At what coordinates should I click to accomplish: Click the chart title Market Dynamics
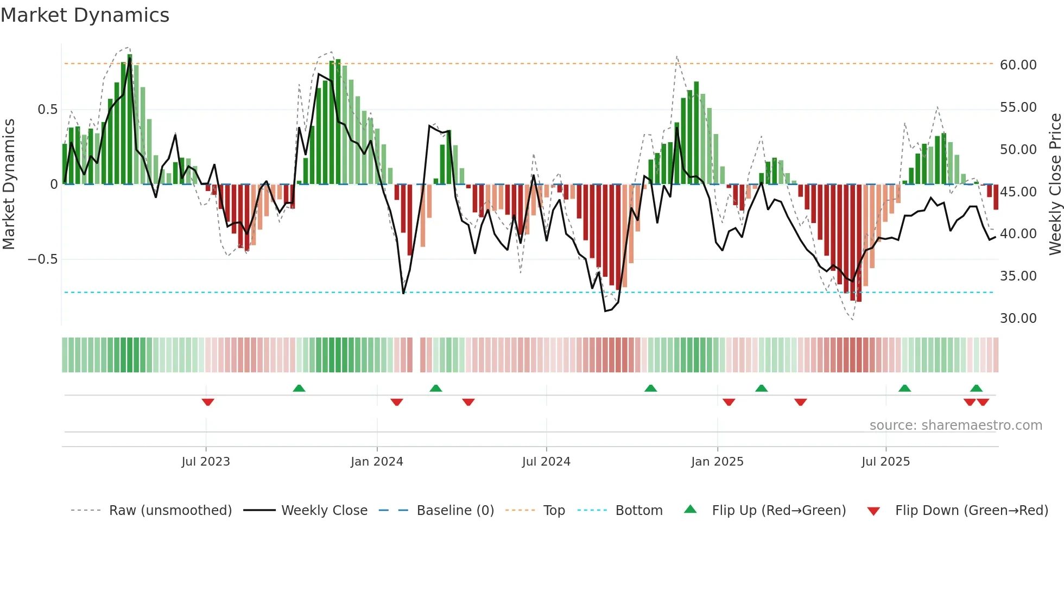pyautogui.click(x=85, y=15)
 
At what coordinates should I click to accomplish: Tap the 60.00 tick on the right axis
pyautogui.click(x=1018, y=65)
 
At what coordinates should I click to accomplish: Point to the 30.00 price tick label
pyautogui.click(x=1018, y=319)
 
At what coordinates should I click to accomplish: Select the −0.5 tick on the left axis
pyautogui.click(x=43, y=259)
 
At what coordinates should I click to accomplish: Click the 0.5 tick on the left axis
pyautogui.click(x=47, y=110)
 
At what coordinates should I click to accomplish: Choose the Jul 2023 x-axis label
pyautogui.click(x=206, y=462)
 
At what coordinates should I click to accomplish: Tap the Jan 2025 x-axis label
pyautogui.click(x=717, y=462)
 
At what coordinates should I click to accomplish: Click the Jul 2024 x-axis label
pyautogui.click(x=546, y=462)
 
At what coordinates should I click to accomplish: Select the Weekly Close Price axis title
pyautogui.click(x=1055, y=185)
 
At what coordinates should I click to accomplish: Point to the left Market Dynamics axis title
pyautogui.click(x=9, y=185)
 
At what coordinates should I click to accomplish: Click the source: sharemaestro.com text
pyautogui.click(x=955, y=425)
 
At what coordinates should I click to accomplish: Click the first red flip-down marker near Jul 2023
pyautogui.click(x=208, y=402)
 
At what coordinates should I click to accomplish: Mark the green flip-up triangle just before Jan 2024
pyautogui.click(x=299, y=388)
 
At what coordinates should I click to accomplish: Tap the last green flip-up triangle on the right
pyautogui.click(x=976, y=388)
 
